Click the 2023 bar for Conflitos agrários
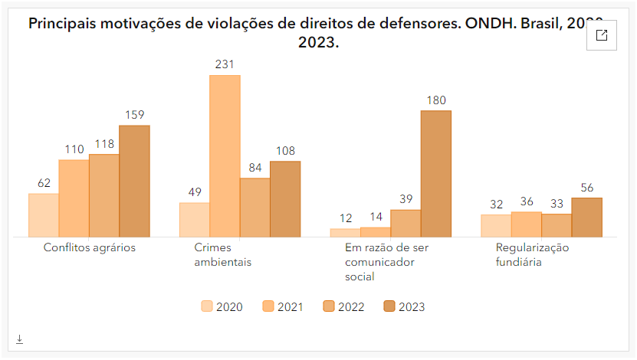click(x=134, y=181)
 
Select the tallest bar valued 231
click(x=225, y=156)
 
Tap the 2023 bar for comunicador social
click(x=435, y=174)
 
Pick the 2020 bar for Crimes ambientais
click(x=195, y=220)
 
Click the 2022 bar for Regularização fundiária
click(x=557, y=225)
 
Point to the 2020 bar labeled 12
click(x=345, y=233)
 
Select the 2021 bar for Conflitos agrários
click(x=74, y=198)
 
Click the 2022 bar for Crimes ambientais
click(x=255, y=208)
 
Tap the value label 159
click(x=134, y=115)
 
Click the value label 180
click(x=435, y=100)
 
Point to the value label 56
click(x=587, y=188)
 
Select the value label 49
click(x=195, y=192)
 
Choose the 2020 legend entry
click(x=222, y=307)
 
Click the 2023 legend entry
click(x=404, y=307)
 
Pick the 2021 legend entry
click(x=283, y=307)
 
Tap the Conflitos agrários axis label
click(x=89, y=248)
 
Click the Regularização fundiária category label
click(x=532, y=255)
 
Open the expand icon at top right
click(x=602, y=35)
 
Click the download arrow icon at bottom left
click(x=19, y=339)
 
